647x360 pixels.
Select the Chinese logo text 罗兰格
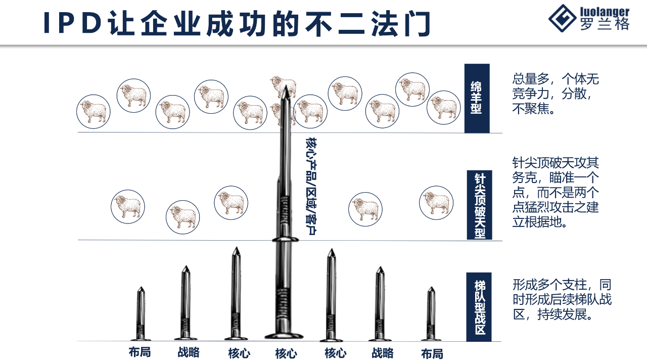coord(604,25)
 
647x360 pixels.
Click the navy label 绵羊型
coord(477,98)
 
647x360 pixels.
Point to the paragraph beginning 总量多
coord(555,94)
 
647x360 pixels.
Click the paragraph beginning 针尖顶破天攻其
coord(555,192)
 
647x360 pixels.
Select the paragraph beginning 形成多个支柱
coord(561,299)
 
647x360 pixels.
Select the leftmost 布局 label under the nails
coord(140,352)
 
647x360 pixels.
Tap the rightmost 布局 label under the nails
coord(432,353)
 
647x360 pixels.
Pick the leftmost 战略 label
coord(188,352)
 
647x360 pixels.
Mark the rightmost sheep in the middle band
coord(436,203)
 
